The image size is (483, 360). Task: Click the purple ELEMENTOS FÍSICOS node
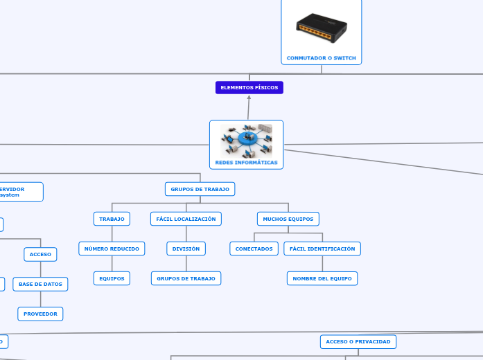click(249, 88)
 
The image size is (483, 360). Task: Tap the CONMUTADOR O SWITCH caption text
click(321, 57)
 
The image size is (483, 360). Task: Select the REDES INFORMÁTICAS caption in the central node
click(246, 163)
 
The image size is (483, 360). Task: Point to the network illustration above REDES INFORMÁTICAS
click(247, 141)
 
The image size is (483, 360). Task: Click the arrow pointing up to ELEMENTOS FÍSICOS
click(249, 98)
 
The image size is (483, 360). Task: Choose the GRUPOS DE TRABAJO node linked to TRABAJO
click(200, 189)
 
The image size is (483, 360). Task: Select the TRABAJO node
click(112, 219)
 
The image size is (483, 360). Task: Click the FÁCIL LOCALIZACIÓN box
click(186, 219)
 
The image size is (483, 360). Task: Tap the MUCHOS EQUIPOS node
click(288, 219)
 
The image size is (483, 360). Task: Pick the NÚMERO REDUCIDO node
click(112, 249)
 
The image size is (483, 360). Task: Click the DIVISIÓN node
click(186, 249)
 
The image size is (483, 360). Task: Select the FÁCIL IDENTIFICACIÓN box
click(322, 249)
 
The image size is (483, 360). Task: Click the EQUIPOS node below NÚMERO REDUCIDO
click(112, 278)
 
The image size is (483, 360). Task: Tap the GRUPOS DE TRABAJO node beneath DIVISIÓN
click(186, 278)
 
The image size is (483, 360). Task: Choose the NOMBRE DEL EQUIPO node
click(322, 278)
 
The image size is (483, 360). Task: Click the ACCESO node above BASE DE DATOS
click(40, 254)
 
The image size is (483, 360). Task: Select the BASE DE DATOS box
click(40, 284)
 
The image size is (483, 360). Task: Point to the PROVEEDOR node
click(40, 314)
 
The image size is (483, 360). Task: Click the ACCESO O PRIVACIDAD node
click(358, 341)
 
